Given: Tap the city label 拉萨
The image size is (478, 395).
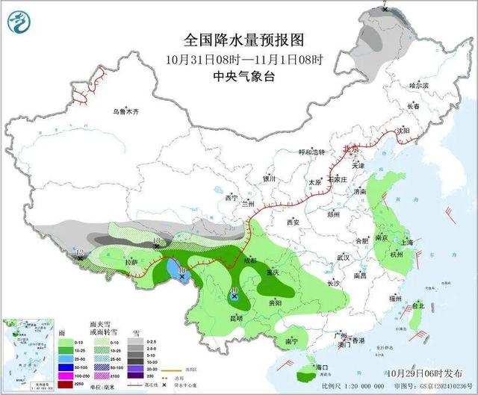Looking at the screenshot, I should click(x=131, y=262).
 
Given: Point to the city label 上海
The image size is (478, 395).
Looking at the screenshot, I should click(x=407, y=243).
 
